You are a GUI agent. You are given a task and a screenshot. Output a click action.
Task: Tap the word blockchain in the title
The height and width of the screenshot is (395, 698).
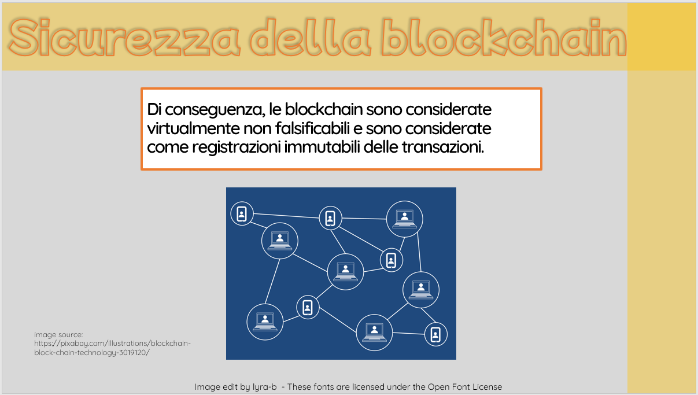pyautogui.click(x=504, y=38)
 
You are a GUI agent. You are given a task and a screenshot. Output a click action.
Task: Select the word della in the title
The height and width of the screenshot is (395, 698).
pyautogui.click(x=311, y=38)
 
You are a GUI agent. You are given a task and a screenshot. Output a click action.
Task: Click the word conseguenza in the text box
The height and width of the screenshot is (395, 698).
pyautogui.click(x=215, y=110)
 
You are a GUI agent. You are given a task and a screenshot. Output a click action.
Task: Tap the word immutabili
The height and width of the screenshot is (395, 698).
pyautogui.click(x=322, y=147)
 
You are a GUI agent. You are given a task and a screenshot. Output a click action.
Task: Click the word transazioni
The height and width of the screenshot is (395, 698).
pyautogui.click(x=443, y=147)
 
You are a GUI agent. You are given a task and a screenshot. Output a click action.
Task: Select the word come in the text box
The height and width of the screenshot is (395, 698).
pyautogui.click(x=168, y=147)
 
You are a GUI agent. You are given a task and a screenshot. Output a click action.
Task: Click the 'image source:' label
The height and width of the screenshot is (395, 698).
pyautogui.click(x=58, y=335)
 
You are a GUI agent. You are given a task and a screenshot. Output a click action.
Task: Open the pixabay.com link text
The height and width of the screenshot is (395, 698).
pyautogui.click(x=113, y=348)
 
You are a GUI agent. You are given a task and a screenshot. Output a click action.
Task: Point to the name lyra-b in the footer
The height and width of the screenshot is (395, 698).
pyautogui.click(x=264, y=387)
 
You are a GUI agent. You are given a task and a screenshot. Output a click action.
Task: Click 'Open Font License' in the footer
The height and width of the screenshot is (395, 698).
pyautogui.click(x=465, y=387)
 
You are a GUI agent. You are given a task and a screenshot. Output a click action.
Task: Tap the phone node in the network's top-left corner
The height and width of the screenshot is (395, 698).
pyautogui.click(x=242, y=214)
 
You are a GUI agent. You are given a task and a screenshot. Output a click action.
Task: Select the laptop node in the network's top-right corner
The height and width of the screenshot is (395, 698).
pyautogui.click(x=404, y=219)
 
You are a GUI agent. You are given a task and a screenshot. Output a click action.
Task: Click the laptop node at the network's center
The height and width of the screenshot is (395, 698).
pyautogui.click(x=345, y=272)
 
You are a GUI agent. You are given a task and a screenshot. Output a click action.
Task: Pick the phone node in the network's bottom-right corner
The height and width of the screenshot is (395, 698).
pyautogui.click(x=435, y=335)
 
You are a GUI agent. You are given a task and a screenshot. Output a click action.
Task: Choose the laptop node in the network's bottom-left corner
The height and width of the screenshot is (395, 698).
pyautogui.click(x=265, y=322)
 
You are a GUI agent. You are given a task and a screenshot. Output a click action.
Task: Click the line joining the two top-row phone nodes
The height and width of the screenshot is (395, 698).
pyautogui.click(x=286, y=216)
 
